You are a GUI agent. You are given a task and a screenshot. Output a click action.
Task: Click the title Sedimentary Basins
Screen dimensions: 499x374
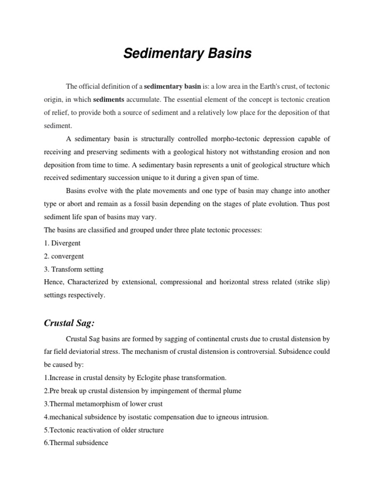coord(187,54)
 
